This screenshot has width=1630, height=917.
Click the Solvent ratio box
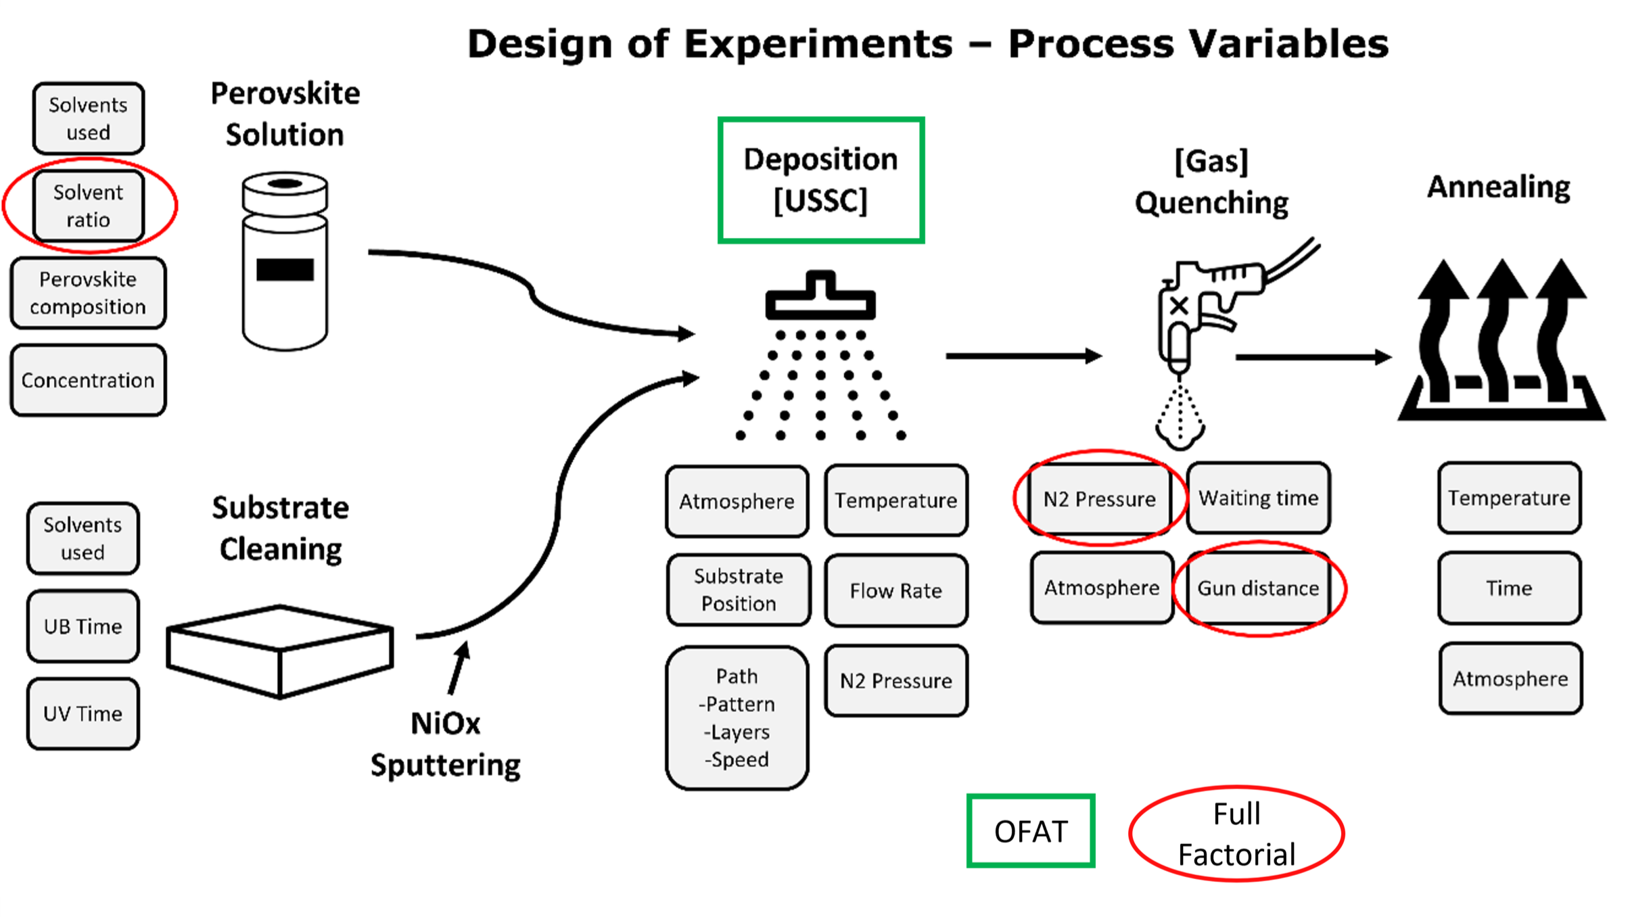pos(88,206)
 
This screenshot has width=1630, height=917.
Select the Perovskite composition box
pos(88,293)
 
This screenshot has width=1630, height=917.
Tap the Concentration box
pos(88,380)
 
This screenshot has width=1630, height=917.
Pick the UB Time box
pos(83,626)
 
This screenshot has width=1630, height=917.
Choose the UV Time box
pos(83,713)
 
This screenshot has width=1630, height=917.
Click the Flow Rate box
pos(895,590)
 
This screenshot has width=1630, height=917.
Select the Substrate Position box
pos(738,590)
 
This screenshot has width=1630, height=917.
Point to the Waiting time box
pos(1258,498)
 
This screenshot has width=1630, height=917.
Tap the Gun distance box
pos(1258,588)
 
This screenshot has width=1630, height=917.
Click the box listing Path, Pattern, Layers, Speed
pos(737,718)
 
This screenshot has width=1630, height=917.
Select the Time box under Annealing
pos(1509,588)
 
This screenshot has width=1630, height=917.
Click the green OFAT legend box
pos(1031,831)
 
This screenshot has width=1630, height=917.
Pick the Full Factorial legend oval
pos(1236,834)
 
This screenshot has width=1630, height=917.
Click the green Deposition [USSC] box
pos(820,180)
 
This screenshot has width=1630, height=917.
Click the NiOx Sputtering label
pos(445,745)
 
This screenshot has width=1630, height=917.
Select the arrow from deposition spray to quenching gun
pos(1023,356)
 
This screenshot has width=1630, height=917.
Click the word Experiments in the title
pos(818,44)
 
